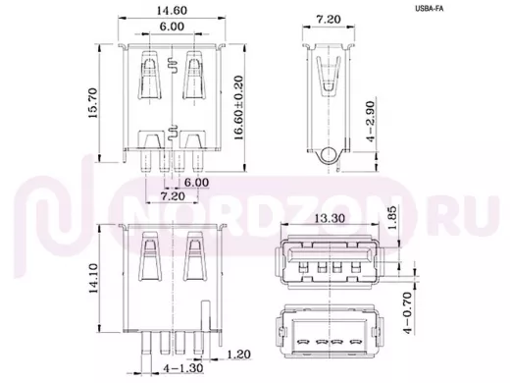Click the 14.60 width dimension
coord(172,11)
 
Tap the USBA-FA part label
coord(430,9)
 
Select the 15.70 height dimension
coord(92,103)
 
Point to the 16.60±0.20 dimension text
coord(239,108)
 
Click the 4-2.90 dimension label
coord(371,121)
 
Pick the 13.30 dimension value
coord(330,218)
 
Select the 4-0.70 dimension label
coord(407,313)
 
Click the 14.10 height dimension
coord(93,278)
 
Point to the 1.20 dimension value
coord(238,355)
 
